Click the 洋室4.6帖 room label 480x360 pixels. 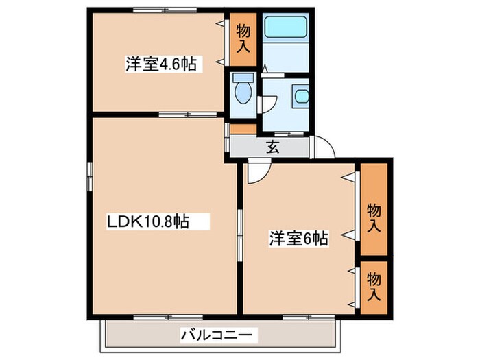pos(161,64)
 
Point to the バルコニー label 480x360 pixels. pos(219,335)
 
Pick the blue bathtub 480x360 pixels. pos(287,27)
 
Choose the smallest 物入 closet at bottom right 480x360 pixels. pos(374,287)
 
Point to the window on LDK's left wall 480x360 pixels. pos(89,178)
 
